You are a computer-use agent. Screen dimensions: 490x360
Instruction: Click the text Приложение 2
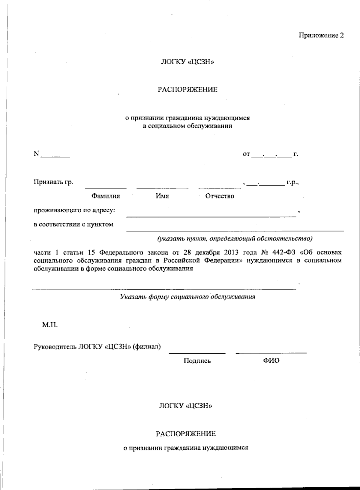click(x=321, y=35)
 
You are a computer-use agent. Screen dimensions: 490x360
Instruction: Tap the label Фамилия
click(x=106, y=196)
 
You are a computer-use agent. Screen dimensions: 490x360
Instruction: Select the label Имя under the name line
click(x=162, y=196)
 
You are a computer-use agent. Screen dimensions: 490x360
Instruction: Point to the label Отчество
click(x=220, y=196)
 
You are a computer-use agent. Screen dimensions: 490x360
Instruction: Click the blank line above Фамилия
click(x=106, y=188)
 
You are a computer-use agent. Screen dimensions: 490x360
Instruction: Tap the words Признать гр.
click(x=53, y=182)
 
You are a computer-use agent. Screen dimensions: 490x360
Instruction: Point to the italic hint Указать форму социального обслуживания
click(x=187, y=297)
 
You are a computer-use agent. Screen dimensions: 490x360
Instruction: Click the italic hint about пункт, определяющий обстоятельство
click(x=235, y=239)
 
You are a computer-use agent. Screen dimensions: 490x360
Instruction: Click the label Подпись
click(x=197, y=361)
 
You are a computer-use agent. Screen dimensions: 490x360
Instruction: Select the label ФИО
click(x=271, y=361)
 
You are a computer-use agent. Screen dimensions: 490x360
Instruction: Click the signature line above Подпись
click(x=197, y=353)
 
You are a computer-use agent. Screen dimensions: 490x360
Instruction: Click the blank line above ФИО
click(x=271, y=352)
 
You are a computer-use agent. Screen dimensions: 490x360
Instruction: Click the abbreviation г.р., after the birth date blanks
click(x=292, y=182)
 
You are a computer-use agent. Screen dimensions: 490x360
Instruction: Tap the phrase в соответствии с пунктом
click(x=73, y=224)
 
